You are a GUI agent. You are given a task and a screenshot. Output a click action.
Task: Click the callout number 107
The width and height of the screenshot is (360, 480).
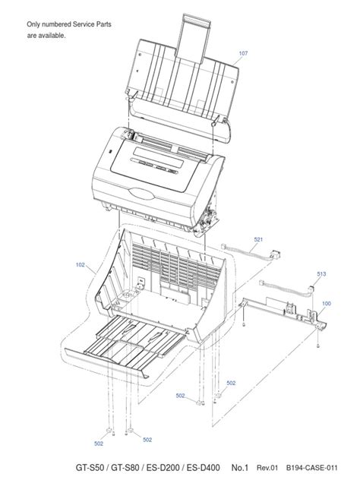[243, 53]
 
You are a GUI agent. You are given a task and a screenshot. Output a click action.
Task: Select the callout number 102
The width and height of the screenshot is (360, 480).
[81, 265]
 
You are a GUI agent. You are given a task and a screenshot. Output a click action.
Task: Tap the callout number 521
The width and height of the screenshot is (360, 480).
[258, 239]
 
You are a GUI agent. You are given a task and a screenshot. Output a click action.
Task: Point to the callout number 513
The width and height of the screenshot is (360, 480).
[321, 274]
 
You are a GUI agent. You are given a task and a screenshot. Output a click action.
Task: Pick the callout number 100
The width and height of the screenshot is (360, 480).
[327, 303]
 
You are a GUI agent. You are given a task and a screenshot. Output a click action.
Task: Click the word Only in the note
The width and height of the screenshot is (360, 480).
[33, 24]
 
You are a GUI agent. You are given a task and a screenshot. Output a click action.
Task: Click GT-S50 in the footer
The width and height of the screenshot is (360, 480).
[90, 467]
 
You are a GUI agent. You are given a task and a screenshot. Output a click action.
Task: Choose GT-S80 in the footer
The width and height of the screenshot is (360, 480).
[125, 467]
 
